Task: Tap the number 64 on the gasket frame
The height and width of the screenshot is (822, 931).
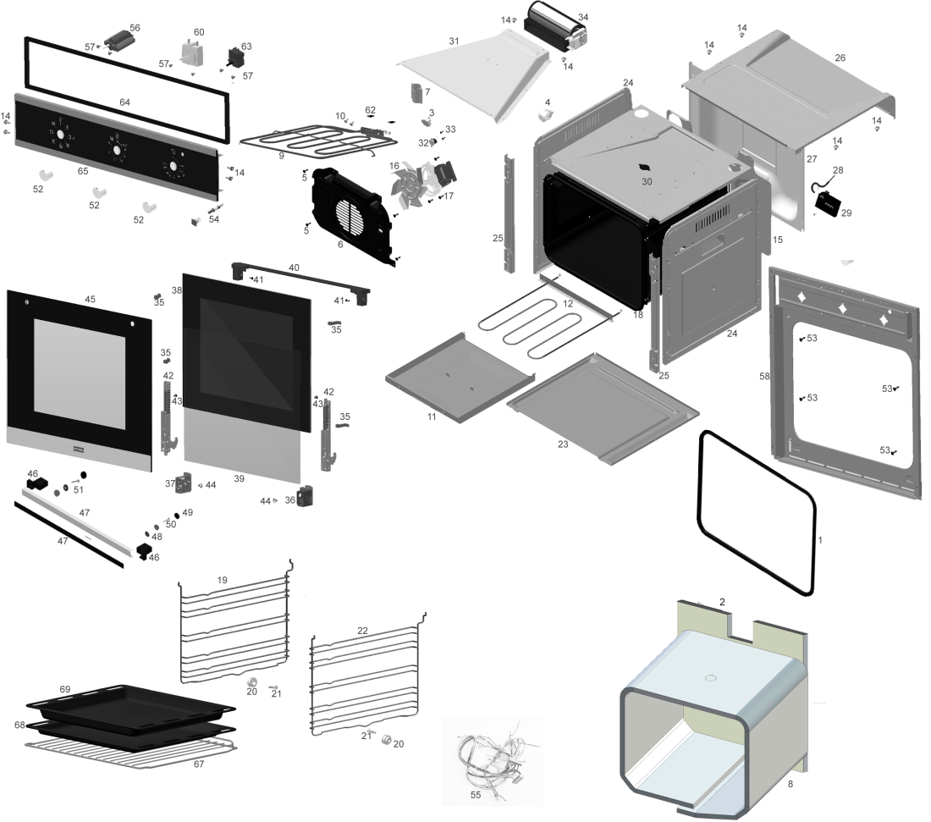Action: pos(124,102)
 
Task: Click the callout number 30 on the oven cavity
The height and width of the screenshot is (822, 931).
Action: pos(647,182)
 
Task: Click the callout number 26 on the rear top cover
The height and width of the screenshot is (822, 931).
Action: pos(840,58)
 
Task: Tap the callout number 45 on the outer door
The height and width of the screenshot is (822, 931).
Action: pos(90,299)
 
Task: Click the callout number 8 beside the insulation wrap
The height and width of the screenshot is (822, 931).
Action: pos(790,785)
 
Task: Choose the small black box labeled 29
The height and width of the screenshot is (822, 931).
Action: pos(828,207)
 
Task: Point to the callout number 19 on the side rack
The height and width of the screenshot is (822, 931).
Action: pos(222,580)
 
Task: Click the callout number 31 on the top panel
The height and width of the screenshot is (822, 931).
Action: pos(454,41)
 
